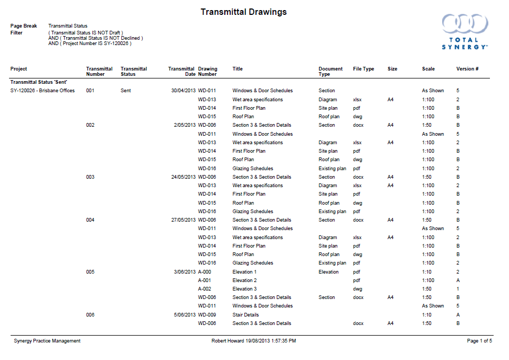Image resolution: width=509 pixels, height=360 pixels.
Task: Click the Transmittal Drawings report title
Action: (243, 12)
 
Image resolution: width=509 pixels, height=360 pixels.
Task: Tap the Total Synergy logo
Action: (464, 32)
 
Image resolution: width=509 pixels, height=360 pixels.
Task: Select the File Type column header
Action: (363, 69)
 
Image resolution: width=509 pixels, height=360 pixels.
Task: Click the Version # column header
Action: (467, 69)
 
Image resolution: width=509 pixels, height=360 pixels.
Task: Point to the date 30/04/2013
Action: (183, 91)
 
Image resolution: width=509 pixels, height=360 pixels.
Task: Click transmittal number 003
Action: (90, 177)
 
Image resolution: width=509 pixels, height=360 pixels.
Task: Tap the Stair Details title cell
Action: (245, 315)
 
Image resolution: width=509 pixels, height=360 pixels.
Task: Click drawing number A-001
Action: (205, 280)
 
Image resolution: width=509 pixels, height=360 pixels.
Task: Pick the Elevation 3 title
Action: (244, 289)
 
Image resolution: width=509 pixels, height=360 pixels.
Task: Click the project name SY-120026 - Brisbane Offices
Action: (42, 91)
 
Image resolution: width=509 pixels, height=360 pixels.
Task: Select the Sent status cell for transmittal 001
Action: (126, 91)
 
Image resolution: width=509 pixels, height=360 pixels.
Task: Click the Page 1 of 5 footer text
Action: (479, 341)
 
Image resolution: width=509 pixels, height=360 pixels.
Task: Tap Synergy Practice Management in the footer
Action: (47, 341)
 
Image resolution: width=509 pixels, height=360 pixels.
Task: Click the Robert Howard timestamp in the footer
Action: (253, 341)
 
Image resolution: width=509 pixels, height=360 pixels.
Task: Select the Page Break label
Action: (24, 26)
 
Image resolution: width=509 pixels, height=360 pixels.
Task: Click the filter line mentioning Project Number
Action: (90, 43)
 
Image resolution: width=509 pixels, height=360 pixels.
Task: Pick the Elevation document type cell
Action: (328, 272)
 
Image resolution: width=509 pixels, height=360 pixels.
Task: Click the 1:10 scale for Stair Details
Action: (427, 315)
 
